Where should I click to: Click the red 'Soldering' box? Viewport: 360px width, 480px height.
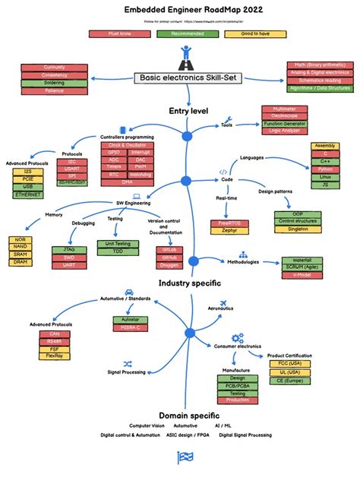55,82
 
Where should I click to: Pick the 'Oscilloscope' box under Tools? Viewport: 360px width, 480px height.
283,116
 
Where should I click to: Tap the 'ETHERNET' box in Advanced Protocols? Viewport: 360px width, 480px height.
28,195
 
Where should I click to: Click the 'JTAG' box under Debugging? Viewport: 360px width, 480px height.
69,249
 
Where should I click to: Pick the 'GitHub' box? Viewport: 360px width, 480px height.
169,257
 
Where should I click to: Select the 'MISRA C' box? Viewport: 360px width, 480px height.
131,328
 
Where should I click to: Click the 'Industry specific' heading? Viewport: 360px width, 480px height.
190,283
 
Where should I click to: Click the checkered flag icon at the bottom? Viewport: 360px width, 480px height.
185,456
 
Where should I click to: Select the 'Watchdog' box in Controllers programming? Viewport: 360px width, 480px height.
142,175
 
